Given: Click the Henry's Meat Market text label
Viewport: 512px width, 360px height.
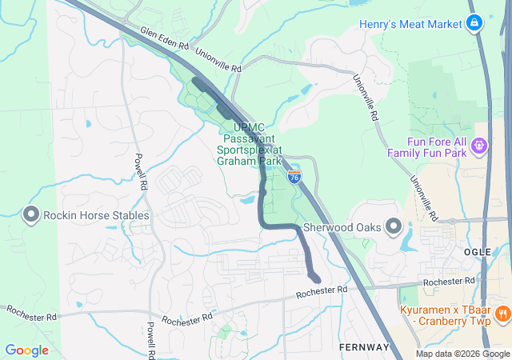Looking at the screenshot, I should (410, 24).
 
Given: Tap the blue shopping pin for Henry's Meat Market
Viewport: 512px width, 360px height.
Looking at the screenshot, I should (474, 22).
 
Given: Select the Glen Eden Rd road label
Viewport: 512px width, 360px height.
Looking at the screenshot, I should (163, 38).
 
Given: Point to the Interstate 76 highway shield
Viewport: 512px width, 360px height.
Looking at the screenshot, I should (294, 177).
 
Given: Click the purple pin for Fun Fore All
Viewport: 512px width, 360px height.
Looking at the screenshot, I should (479, 146).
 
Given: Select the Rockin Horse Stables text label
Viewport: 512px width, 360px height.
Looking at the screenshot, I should (96, 215).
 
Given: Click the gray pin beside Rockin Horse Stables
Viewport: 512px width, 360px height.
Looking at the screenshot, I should (31, 214).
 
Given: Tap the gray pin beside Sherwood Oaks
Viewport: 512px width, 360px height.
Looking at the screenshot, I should (394, 227).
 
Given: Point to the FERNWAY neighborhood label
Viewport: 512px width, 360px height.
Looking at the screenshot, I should (363, 347).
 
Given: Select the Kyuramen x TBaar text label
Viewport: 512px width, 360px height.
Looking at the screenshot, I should (443, 313).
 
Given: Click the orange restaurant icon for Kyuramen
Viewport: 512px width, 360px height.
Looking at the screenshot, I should (502, 313).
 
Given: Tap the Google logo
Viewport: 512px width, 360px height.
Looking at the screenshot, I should (27, 350).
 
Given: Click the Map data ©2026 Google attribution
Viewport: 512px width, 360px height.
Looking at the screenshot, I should (462, 354).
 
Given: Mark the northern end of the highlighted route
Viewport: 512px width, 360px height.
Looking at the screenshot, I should (197, 81).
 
